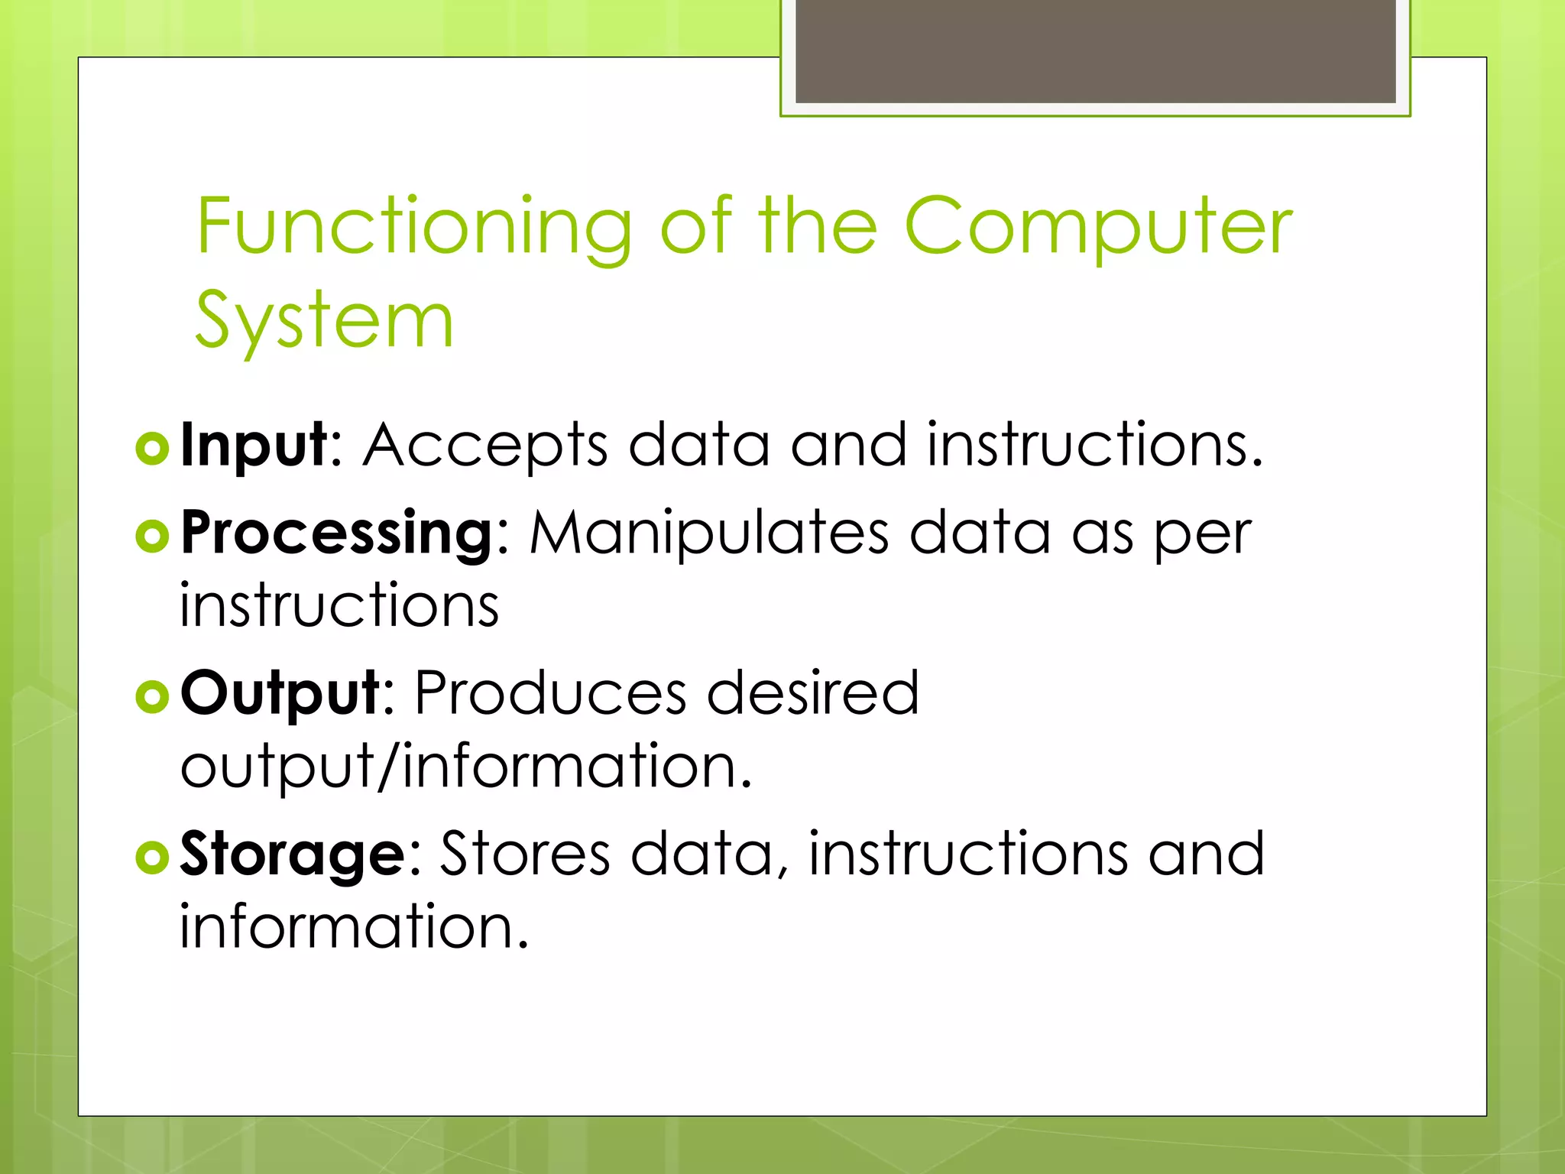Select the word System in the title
[325, 321]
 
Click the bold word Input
[254, 445]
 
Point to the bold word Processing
[337, 533]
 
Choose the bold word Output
[280, 692]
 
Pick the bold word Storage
[293, 854]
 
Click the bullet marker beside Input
[152, 449]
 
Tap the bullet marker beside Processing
[152, 537]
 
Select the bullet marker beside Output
[152, 696]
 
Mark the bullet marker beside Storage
[152, 858]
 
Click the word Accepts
[485, 445]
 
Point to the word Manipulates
[709, 533]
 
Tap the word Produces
[550, 692]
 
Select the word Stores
[525, 854]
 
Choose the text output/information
[466, 766]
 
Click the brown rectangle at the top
[1095, 50]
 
